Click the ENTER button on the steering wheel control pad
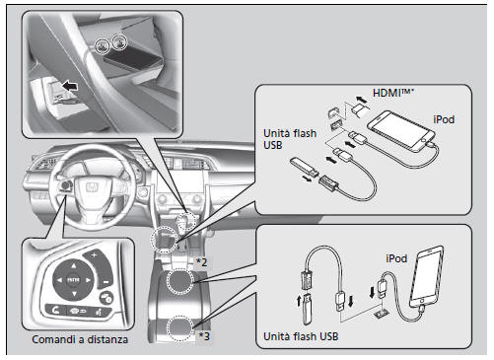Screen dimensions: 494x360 point(73,280)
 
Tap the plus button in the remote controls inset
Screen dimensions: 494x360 point(95,254)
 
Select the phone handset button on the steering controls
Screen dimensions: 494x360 point(55,310)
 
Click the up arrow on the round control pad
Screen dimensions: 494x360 point(73,265)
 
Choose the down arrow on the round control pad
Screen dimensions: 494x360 point(74,294)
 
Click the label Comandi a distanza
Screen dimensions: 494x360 point(80,339)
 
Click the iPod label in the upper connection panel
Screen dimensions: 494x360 point(444,119)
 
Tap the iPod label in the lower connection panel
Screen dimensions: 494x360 point(396,258)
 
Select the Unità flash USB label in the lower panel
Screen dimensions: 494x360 point(301,336)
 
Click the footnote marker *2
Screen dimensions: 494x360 point(201,262)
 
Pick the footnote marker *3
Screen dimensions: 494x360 point(204,336)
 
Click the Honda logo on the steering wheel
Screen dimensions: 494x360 point(92,187)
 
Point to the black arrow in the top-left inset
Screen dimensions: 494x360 point(70,86)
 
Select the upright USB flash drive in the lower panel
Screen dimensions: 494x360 point(307,310)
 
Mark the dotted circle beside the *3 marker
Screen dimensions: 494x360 point(179,327)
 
